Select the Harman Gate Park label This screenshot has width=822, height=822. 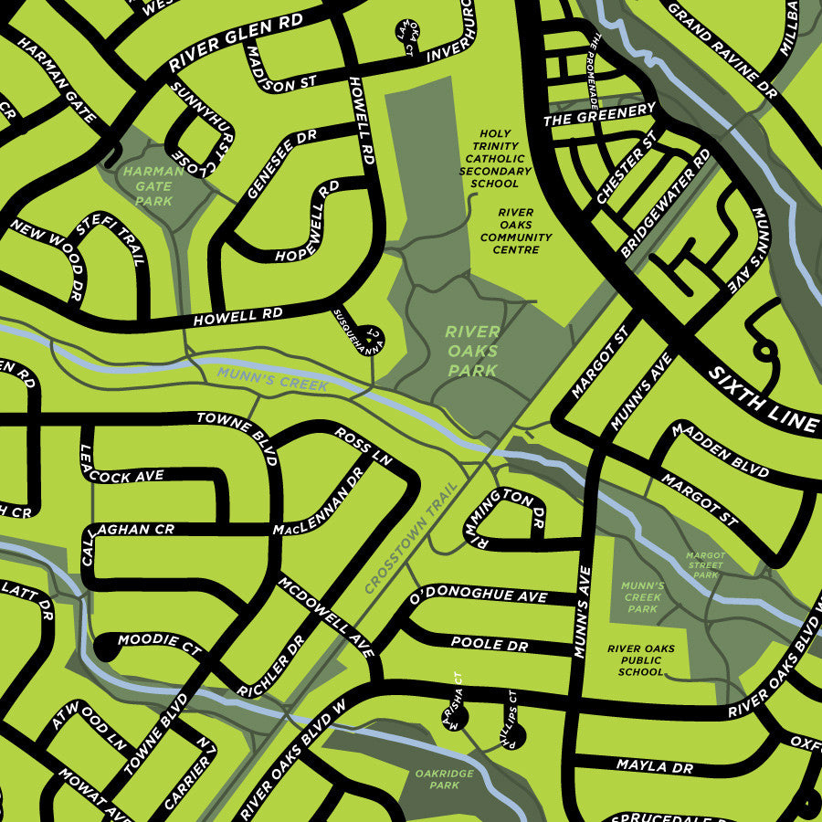[147, 185]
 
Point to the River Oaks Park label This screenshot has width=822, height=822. [472, 351]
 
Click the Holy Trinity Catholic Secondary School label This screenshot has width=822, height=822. [495, 158]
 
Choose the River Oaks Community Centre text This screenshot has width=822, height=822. [516, 231]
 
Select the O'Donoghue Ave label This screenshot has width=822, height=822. [479, 596]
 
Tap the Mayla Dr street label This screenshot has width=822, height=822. [654, 766]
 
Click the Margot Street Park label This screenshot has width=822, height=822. [705, 565]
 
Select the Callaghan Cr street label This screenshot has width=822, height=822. [132, 529]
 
